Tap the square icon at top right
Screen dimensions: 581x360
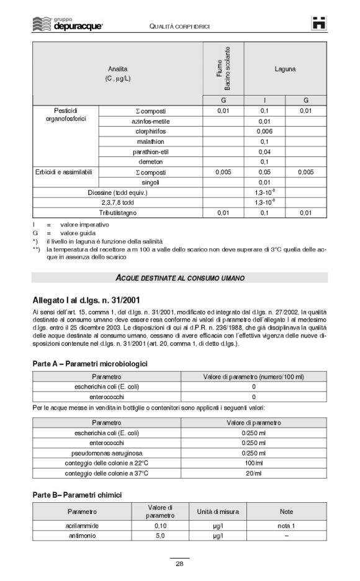click(319, 22)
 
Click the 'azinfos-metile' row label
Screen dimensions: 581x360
click(151, 121)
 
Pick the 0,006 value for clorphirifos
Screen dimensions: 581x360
click(264, 132)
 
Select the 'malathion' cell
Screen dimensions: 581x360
click(151, 142)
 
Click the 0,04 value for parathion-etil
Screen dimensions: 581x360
click(264, 151)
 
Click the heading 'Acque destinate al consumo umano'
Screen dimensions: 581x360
click(179, 277)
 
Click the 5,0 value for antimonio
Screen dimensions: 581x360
click(160, 535)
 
